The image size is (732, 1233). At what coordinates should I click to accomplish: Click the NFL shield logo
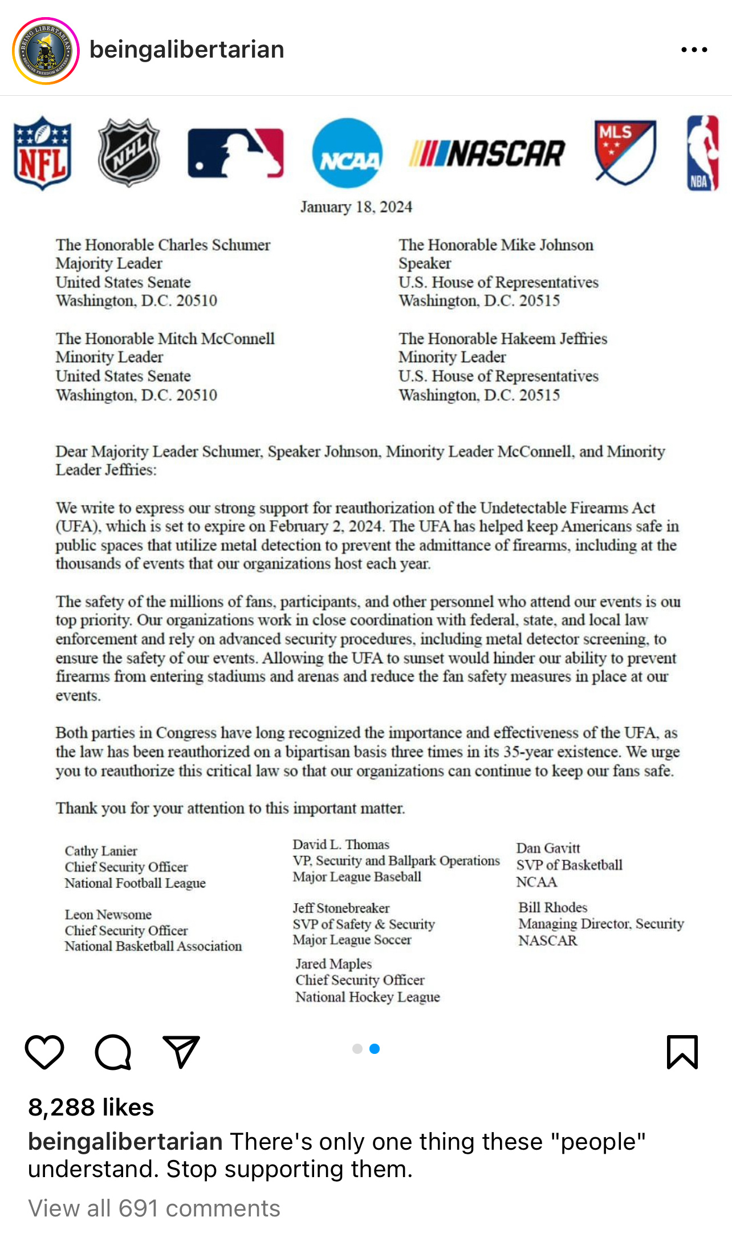(43, 153)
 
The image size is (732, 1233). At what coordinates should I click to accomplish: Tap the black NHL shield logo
(129, 152)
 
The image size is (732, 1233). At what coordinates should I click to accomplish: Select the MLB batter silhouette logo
(235, 153)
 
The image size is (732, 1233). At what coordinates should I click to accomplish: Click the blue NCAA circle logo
(347, 153)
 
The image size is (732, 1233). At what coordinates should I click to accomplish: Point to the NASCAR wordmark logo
(487, 153)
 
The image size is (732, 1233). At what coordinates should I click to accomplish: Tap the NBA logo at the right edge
(702, 153)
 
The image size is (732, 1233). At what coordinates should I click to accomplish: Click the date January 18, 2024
(356, 207)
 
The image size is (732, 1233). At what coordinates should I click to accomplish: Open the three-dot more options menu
(694, 50)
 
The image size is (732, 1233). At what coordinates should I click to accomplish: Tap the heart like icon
(44, 1052)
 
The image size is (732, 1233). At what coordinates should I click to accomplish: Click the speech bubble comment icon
(113, 1052)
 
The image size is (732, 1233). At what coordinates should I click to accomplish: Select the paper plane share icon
(181, 1052)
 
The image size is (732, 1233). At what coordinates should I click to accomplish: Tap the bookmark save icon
(682, 1052)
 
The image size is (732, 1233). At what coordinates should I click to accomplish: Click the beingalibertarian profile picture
(46, 51)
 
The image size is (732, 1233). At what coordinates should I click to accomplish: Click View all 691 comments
(154, 1208)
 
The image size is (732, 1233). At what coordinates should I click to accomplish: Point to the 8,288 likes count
(91, 1107)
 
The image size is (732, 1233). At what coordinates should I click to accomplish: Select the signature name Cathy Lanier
(101, 851)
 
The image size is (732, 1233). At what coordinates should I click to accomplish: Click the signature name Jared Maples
(334, 964)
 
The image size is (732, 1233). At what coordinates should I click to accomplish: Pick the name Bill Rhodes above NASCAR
(552, 907)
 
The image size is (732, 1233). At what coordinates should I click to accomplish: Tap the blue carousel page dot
(375, 1049)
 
